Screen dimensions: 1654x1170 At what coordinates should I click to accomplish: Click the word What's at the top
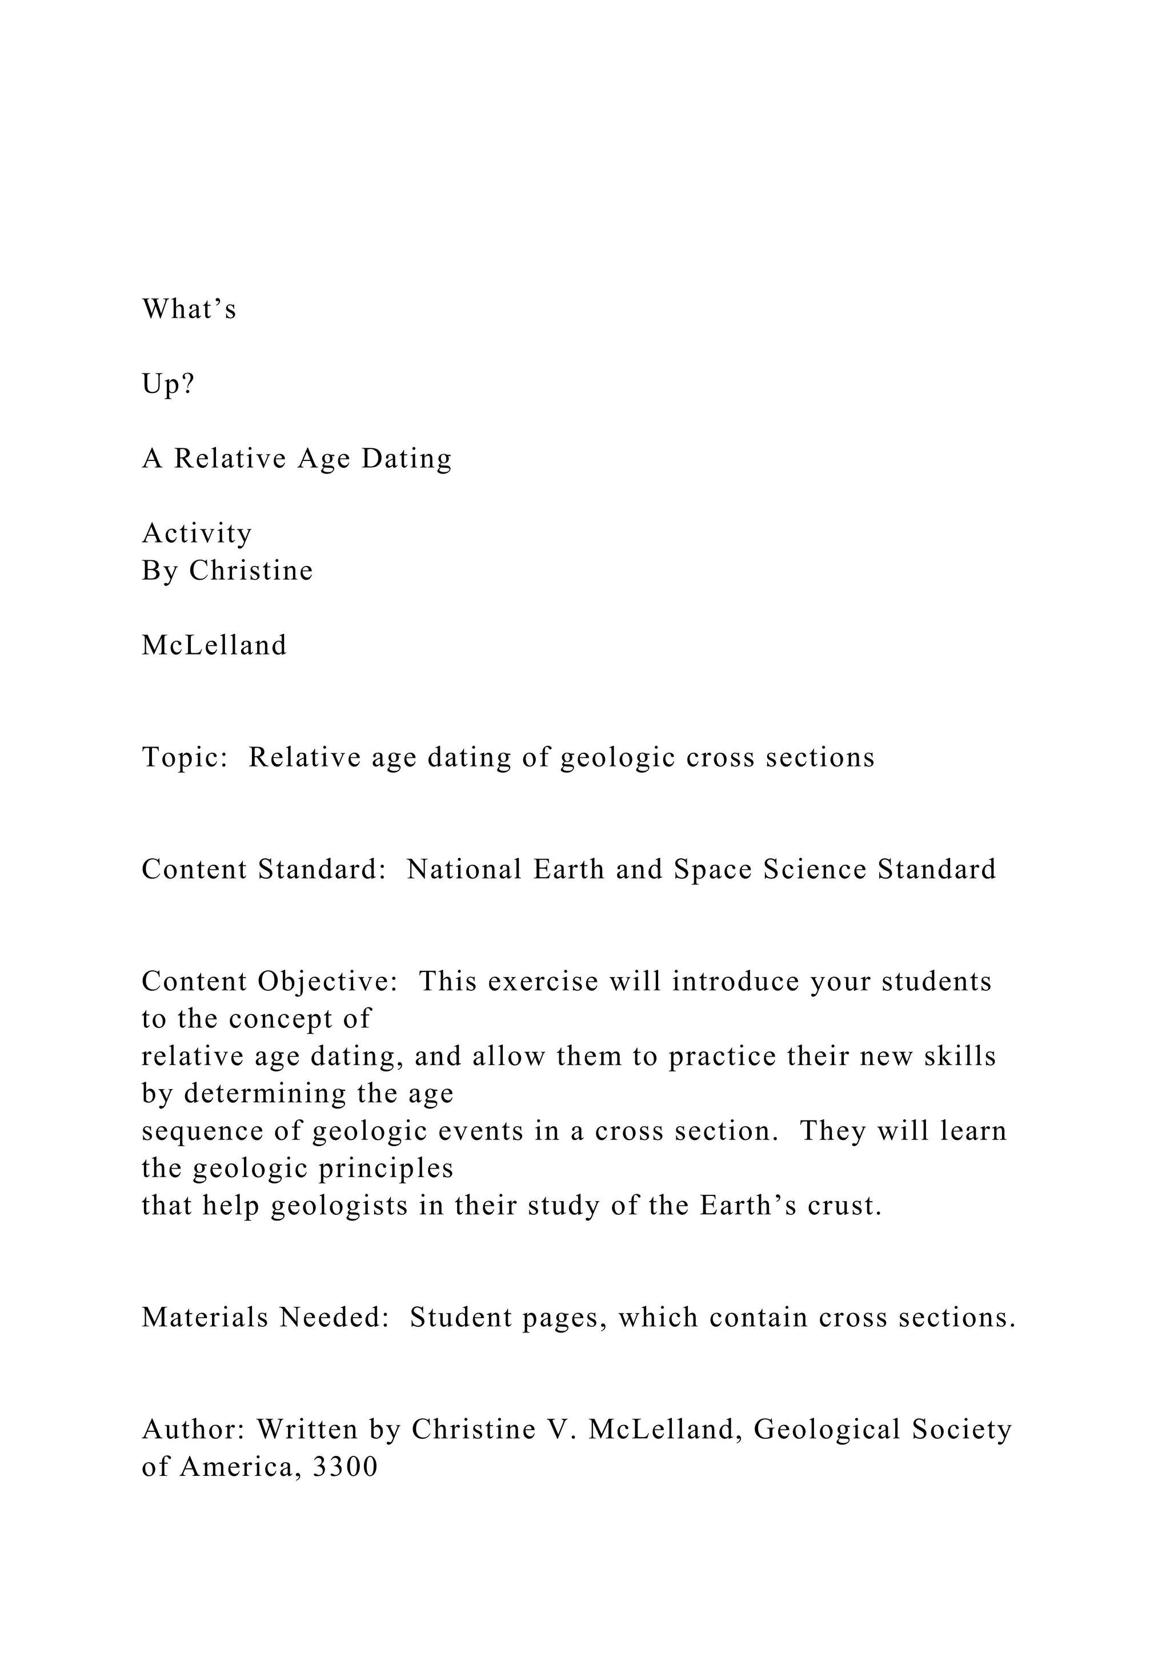tap(189, 309)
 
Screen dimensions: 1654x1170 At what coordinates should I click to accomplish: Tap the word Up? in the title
tap(169, 385)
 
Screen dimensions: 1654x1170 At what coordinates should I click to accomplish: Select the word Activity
tap(197, 533)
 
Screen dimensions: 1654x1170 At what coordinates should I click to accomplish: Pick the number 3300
tap(345, 1467)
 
